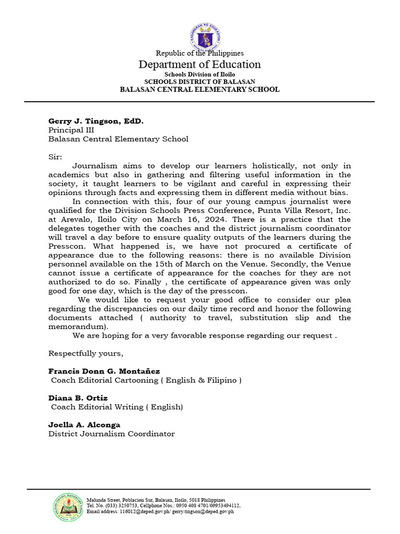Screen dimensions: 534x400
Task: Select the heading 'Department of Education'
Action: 199,65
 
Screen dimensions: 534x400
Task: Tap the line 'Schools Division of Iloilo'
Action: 199,75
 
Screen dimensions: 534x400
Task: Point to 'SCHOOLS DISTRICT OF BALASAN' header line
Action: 199,82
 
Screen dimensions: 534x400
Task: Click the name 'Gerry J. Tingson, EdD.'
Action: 96,121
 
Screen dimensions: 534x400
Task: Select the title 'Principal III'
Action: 71,130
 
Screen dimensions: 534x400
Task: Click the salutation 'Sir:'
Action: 55,157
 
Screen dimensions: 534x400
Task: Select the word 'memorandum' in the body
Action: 77,326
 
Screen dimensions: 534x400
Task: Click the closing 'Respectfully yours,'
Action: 86,354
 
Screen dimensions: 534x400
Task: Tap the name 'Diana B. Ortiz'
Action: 78,398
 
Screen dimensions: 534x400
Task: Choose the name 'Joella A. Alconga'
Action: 85,424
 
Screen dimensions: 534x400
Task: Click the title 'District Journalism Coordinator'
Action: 111,434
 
